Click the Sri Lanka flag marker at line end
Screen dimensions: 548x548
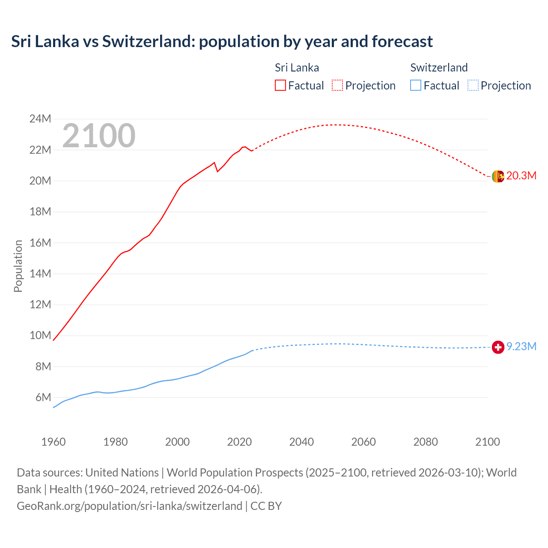[498, 176]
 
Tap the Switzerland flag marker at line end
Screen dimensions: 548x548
[498, 347]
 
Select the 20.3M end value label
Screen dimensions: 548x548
[521, 176]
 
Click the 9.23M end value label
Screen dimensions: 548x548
[521, 346]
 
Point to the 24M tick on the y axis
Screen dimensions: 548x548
[40, 119]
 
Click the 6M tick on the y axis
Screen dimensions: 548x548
[43, 397]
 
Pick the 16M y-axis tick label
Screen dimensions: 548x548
[40, 243]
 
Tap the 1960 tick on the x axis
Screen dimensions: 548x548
[54, 442]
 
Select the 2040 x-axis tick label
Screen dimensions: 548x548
[301, 442]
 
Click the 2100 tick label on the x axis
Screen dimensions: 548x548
[487, 442]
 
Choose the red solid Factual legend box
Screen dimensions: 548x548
[280, 86]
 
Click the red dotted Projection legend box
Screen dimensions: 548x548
[337, 86]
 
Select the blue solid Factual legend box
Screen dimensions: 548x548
[416, 86]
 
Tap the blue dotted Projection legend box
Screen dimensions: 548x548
[473, 86]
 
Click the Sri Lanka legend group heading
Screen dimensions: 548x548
[297, 68]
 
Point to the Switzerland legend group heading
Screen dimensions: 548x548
[439, 68]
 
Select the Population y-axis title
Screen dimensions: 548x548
[18, 266]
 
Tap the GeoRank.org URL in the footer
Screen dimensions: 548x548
[129, 506]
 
